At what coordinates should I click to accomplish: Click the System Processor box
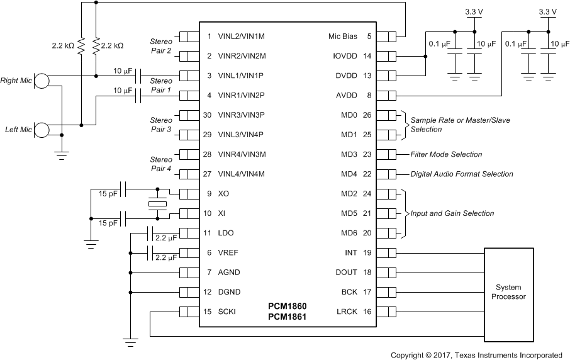click(509, 292)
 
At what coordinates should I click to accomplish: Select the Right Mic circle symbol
click(42, 81)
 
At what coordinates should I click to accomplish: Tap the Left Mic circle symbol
click(42, 130)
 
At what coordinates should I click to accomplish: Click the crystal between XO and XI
click(157, 204)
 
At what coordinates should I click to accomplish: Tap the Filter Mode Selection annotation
click(446, 154)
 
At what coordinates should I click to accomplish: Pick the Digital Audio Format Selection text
click(461, 174)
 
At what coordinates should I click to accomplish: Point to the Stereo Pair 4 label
click(160, 164)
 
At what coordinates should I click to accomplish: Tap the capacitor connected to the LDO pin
click(150, 233)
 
